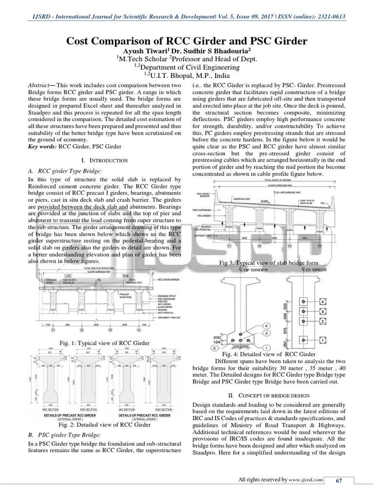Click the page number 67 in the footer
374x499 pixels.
click(x=339, y=481)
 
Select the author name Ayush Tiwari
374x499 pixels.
click(x=138, y=50)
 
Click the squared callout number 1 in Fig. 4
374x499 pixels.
click(x=322, y=339)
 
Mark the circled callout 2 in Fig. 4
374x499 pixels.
click(x=214, y=348)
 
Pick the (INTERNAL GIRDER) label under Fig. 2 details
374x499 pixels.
click(x=146, y=419)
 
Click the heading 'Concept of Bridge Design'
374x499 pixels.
click(x=270, y=396)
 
